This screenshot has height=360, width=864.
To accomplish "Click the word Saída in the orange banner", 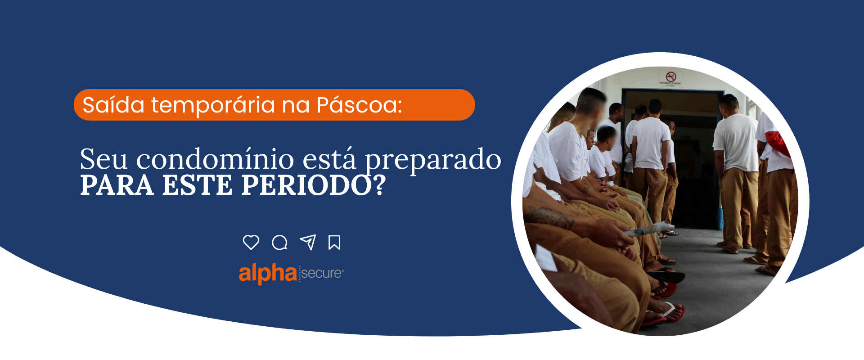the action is click(113, 105).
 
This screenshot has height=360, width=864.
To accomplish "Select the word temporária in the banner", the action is click(212, 106).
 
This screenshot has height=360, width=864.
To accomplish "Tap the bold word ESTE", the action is click(197, 185).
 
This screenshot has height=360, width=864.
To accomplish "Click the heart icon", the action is click(251, 242).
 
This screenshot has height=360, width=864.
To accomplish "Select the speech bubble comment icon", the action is click(279, 242).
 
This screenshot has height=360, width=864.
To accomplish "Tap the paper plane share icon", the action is click(308, 242).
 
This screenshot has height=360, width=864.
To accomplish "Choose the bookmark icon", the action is click(334, 242).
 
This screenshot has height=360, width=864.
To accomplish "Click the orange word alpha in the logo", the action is click(268, 273).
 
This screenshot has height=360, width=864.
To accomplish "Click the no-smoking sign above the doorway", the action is click(670, 77).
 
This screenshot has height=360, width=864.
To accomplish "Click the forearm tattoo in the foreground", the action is click(550, 216).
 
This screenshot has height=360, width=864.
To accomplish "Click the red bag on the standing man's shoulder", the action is click(778, 143).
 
